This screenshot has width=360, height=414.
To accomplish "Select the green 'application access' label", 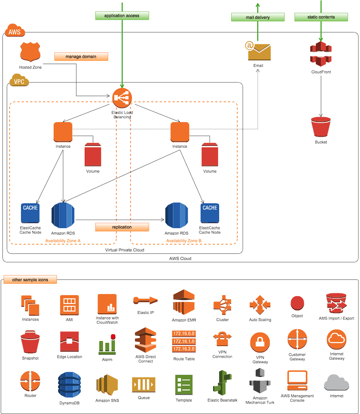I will [x=122, y=16].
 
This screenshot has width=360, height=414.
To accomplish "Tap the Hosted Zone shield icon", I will [x=30, y=52].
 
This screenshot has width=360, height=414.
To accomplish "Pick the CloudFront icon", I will [x=321, y=54].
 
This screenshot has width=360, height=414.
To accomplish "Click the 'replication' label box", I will [x=122, y=227].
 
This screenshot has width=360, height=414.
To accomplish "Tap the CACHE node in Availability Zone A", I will [x=30, y=213].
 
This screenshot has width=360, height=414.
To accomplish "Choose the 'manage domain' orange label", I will [x=81, y=57].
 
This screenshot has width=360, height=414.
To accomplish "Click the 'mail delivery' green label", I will [x=258, y=17].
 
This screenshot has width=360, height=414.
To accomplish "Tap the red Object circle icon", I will [x=297, y=303].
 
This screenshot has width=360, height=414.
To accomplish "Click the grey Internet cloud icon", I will [x=336, y=382].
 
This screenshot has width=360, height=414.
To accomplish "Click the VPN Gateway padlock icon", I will [x=260, y=342].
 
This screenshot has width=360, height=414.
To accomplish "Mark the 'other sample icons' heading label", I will [x=30, y=279].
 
